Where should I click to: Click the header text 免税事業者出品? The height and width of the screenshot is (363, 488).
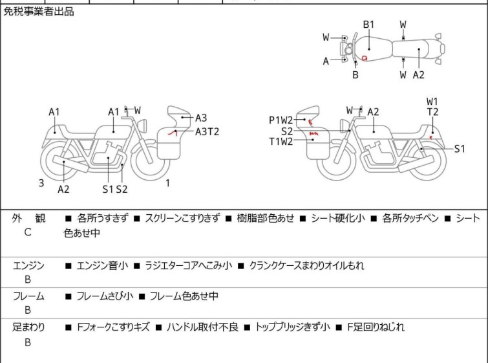tap(39, 12)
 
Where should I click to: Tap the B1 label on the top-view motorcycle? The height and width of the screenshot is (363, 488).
tap(368, 25)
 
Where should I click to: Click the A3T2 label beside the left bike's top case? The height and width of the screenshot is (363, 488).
tap(207, 131)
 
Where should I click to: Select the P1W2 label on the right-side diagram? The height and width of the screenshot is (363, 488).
tap(281, 120)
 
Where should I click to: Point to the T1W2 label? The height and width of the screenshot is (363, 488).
tap(281, 142)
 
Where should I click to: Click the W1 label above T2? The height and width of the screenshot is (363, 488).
tap(432, 101)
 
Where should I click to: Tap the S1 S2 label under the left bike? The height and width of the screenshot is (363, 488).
tap(115, 189)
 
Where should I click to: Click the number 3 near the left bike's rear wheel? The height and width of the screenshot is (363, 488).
tap(41, 183)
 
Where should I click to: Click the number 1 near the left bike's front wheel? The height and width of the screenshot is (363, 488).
tap(167, 183)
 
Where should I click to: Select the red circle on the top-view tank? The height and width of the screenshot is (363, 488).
tap(365, 58)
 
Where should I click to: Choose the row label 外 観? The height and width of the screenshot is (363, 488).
tap(29, 219)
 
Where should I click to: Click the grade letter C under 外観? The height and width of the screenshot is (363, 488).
tap(28, 232)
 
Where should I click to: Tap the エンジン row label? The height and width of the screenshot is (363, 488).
tap(29, 265)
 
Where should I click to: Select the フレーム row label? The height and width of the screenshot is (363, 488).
tap(29, 296)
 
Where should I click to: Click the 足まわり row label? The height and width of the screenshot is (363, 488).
tap(29, 327)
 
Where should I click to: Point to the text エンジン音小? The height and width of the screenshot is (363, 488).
tap(102, 265)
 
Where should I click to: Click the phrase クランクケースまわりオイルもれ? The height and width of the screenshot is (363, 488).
tap(306, 265)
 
